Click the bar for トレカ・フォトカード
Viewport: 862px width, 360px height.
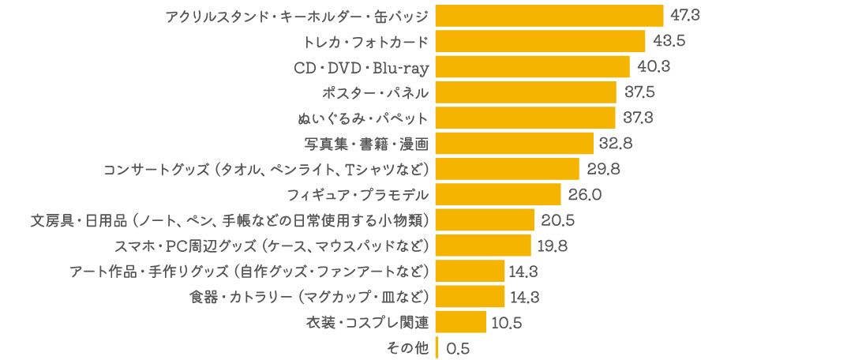(x=540, y=41)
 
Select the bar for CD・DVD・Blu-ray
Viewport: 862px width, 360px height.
(x=532, y=67)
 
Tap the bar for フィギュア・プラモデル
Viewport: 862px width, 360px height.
(x=498, y=194)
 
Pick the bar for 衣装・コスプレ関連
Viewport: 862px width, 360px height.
(x=461, y=322)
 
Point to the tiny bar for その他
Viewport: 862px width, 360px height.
(x=437, y=347)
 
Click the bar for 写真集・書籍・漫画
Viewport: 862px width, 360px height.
(x=514, y=144)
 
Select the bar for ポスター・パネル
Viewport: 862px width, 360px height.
(x=526, y=92)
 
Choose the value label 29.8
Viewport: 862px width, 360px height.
(x=604, y=169)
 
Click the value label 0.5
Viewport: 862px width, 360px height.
(x=458, y=348)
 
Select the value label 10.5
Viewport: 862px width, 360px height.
(x=506, y=322)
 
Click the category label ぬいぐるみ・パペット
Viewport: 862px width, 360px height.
(x=363, y=118)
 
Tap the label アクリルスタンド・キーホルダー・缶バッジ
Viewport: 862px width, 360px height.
(x=297, y=16)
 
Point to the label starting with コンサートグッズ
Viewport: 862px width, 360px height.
(x=267, y=169)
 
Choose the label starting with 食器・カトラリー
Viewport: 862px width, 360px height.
(x=309, y=297)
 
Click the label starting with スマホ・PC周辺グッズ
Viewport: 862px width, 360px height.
(x=272, y=246)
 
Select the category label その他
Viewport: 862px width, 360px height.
(x=409, y=348)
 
